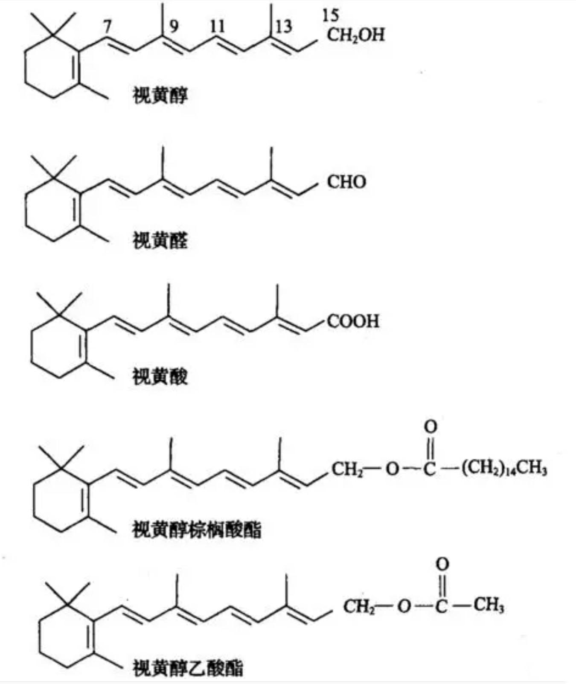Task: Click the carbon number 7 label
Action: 107,27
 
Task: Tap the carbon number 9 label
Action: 173,27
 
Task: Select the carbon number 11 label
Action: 217,26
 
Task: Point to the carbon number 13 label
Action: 283,27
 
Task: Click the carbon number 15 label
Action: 330,16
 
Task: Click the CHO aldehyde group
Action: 346,182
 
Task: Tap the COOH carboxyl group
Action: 353,321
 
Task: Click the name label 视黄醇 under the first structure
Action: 160,95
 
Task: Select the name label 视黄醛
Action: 160,241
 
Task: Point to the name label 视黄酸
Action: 160,377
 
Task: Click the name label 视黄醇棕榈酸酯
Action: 197,530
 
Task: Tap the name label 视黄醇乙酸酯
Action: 188,668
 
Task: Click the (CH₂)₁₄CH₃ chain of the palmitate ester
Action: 503,469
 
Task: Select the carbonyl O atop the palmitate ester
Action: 431,426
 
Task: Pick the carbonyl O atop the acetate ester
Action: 442,564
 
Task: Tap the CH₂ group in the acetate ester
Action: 359,606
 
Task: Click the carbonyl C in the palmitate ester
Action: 430,469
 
